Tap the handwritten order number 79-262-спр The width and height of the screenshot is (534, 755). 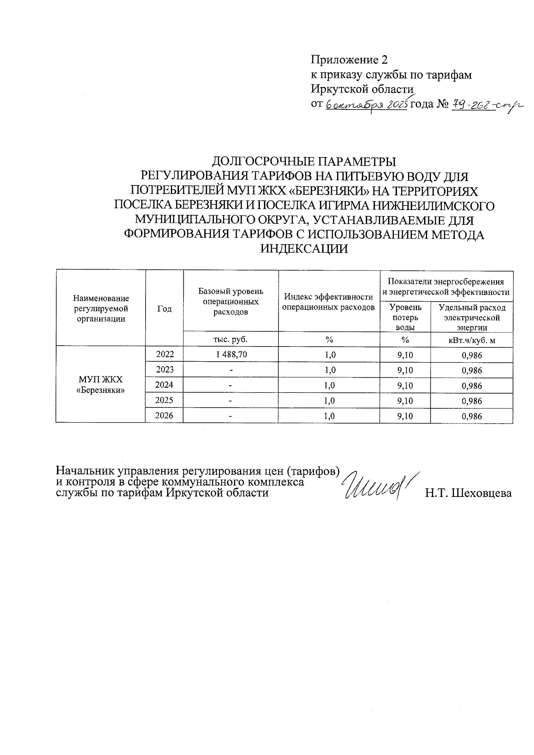(487, 105)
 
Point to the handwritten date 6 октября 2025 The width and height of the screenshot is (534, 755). (367, 105)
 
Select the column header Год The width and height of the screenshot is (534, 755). (164, 309)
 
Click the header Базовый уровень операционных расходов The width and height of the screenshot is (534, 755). (231, 301)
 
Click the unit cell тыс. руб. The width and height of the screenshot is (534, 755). (231, 339)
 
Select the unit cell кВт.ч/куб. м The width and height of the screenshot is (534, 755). (472, 340)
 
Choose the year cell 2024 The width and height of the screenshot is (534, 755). (164, 385)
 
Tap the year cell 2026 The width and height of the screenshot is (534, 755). (164, 416)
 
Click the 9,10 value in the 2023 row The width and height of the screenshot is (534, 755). (405, 370)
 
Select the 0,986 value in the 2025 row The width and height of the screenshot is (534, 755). (472, 401)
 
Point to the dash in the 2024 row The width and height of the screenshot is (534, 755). (231, 386)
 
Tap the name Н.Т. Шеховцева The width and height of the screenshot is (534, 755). (468, 493)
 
